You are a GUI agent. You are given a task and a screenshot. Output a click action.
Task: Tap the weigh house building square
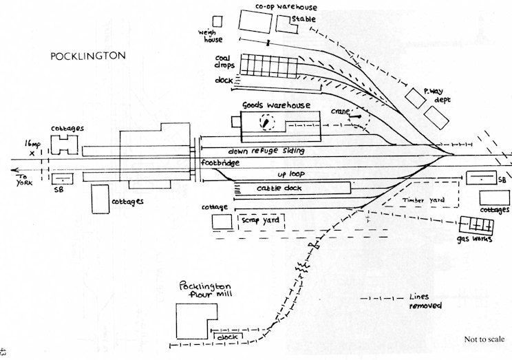[218, 21]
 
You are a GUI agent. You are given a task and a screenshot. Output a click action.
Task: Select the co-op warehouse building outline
[255, 21]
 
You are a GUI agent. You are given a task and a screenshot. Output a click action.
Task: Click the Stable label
[303, 19]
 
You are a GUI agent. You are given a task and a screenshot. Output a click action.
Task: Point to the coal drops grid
[269, 66]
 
